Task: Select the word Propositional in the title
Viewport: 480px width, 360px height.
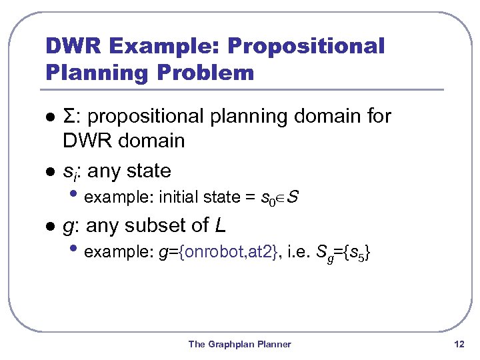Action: coord(306,47)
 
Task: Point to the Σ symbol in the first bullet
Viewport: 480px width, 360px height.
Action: coord(69,117)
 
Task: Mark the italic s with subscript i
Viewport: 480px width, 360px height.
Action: coord(69,172)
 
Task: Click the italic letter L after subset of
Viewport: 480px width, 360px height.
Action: coord(220,226)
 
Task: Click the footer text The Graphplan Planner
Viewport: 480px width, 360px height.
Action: coord(239,344)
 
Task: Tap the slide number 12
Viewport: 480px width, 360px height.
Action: coord(458,344)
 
